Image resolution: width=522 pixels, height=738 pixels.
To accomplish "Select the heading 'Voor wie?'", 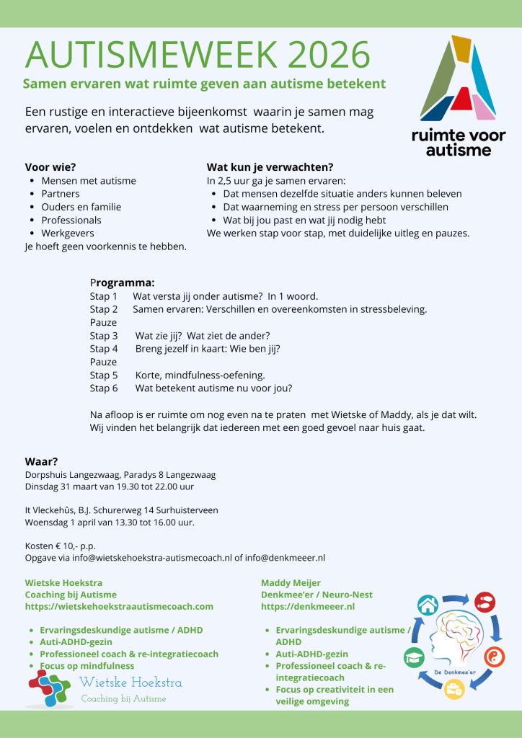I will tap(50, 167).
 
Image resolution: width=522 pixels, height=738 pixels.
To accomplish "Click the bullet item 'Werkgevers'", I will tap(68, 234).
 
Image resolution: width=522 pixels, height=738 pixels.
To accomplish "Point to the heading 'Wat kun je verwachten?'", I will tap(270, 167).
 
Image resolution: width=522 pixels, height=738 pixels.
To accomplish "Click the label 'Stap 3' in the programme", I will tap(104, 336).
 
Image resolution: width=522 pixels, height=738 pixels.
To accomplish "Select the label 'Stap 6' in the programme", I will tap(104, 388).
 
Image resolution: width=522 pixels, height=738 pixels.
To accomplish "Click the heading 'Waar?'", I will tap(41, 461).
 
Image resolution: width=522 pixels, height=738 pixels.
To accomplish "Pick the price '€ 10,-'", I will tap(74, 546).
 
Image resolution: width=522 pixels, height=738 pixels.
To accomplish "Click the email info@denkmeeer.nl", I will tap(285, 558).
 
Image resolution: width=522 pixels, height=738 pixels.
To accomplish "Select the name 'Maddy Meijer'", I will tap(290, 582).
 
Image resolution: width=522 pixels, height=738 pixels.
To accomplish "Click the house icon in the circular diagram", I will tap(428, 605).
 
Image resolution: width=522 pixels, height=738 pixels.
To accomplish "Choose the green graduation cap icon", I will tap(413, 657).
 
